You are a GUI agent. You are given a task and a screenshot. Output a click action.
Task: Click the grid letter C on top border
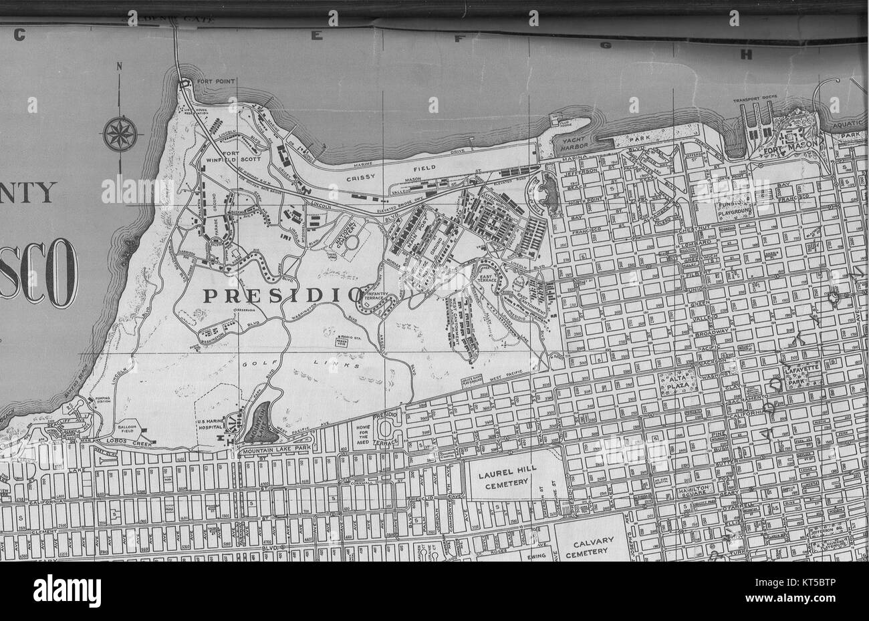point(20,35)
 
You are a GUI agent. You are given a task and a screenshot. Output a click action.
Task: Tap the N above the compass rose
point(119,65)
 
